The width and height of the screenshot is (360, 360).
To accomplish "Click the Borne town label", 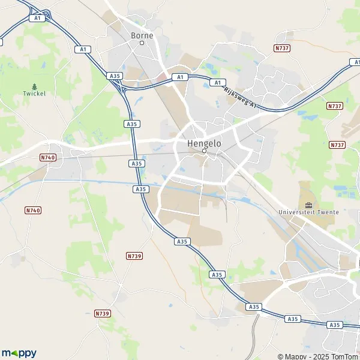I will (142, 35).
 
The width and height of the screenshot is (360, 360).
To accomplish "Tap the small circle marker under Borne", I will (142, 43).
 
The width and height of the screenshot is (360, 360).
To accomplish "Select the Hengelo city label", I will (204, 144).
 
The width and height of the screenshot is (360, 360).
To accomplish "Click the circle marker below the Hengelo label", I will (204, 151).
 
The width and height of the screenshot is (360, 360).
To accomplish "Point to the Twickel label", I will (34, 94).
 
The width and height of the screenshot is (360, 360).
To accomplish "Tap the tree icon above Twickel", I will (34, 86).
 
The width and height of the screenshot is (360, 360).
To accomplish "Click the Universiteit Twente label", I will (309, 212).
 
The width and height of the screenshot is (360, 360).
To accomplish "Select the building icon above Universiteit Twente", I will (309, 205).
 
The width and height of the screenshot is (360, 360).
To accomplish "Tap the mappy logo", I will (19, 353).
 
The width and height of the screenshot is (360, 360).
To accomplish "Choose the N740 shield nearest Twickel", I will (47, 157).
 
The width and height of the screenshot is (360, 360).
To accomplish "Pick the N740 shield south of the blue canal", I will (33, 210).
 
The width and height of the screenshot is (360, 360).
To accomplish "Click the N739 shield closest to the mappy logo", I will (103, 313).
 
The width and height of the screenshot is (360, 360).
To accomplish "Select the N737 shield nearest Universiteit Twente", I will (337, 145).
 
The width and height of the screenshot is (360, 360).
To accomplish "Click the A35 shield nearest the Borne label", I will (115, 76).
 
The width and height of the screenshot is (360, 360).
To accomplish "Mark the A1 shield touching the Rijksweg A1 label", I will (218, 82).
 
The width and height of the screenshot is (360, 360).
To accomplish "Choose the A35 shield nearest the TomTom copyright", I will (335, 325).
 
